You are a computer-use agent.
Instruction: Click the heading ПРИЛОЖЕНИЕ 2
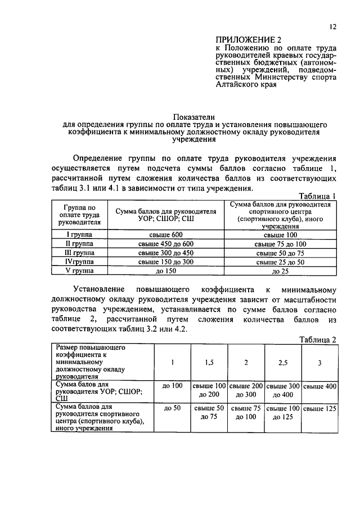click(247, 39)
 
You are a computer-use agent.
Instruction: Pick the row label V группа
click(79, 271)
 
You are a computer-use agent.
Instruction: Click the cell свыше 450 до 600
click(166, 244)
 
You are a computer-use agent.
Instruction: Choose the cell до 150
click(166, 271)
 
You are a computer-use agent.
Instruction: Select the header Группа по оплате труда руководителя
click(79, 214)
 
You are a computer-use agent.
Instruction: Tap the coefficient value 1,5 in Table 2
click(209, 363)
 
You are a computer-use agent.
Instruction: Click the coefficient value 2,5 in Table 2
click(282, 363)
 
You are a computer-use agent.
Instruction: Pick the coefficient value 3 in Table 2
click(319, 363)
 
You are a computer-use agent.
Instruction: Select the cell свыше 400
click(319, 386)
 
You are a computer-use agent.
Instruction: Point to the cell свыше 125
click(319, 408)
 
